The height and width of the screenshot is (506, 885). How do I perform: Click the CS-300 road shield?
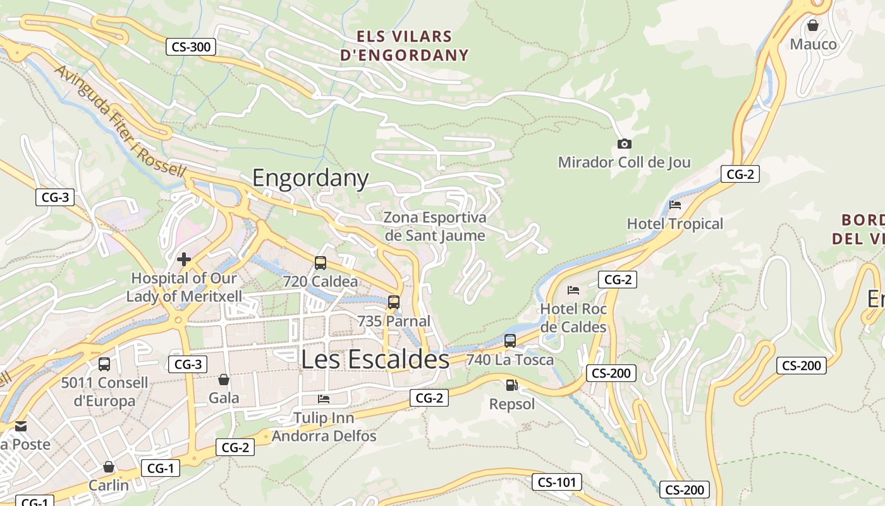click(191, 46)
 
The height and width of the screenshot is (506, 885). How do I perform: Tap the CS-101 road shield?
click(556, 482)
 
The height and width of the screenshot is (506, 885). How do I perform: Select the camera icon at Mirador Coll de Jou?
click(624, 144)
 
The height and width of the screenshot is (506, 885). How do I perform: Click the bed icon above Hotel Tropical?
click(675, 205)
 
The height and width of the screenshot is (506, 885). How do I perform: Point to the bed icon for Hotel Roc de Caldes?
click(573, 290)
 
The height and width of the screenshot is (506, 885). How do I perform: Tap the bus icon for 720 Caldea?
click(320, 262)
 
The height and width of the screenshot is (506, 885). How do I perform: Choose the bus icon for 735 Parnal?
click(394, 302)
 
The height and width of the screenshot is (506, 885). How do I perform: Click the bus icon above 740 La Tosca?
click(510, 341)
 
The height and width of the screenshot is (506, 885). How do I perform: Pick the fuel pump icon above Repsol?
click(511, 385)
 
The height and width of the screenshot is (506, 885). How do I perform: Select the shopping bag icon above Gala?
click(223, 379)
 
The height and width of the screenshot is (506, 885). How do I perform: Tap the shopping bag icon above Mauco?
click(813, 25)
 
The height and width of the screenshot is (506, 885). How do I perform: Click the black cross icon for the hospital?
click(184, 259)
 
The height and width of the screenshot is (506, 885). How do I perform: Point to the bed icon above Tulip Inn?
click(324, 399)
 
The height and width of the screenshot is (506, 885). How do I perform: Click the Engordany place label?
click(310, 178)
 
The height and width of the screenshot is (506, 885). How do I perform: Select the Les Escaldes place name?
click(375, 359)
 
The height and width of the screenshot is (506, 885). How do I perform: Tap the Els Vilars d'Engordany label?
click(405, 46)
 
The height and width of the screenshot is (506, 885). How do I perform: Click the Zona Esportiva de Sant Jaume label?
click(436, 226)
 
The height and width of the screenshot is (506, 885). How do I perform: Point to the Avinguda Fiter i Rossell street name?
click(120, 120)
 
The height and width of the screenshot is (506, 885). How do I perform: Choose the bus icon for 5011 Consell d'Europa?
click(104, 364)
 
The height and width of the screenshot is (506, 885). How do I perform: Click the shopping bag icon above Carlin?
click(109, 467)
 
